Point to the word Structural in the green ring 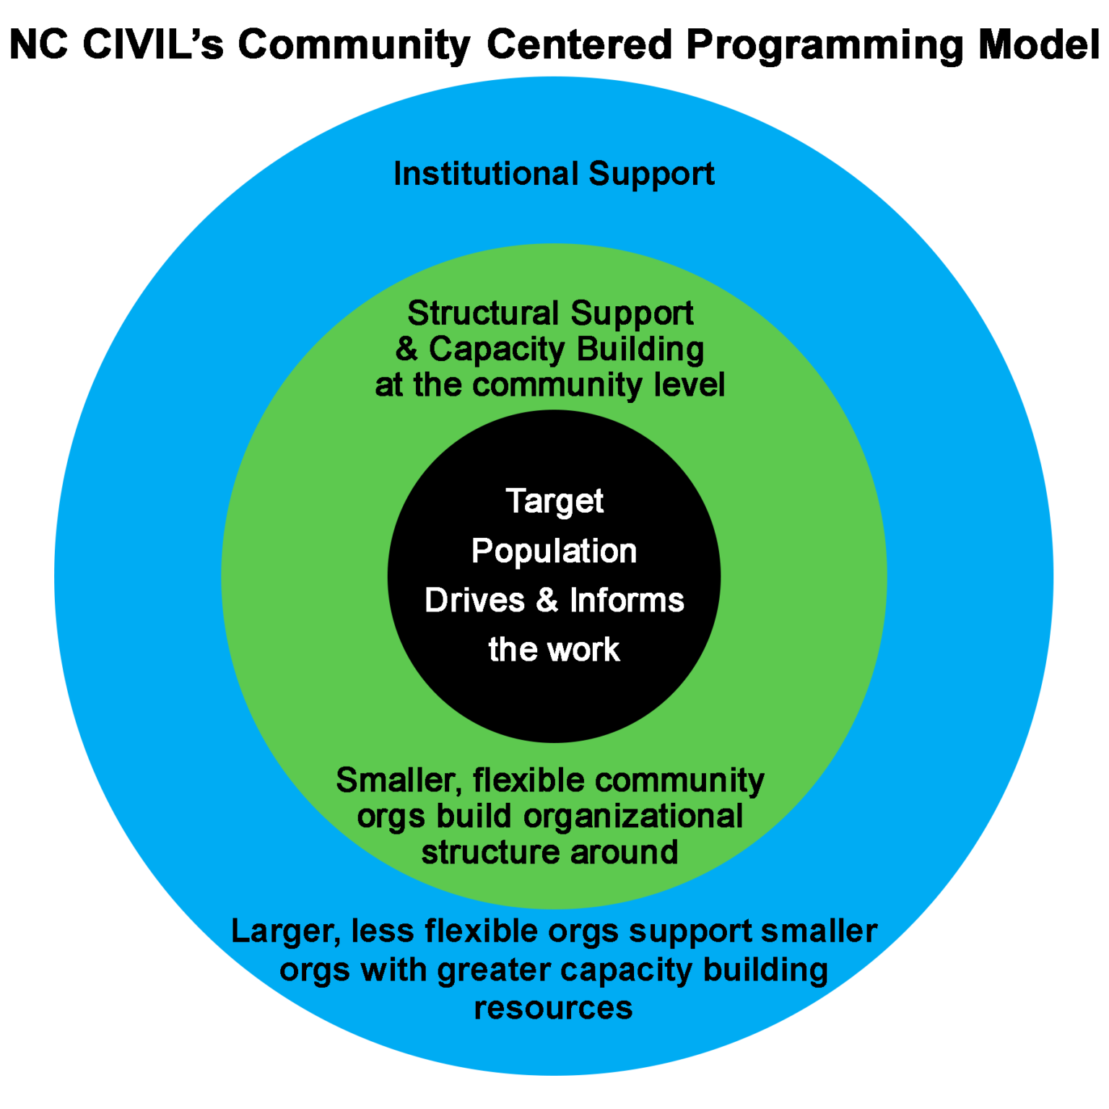click(x=483, y=313)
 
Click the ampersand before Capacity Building click(x=406, y=349)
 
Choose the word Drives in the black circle click(x=474, y=601)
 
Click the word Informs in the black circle click(x=627, y=601)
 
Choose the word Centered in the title click(x=579, y=44)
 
